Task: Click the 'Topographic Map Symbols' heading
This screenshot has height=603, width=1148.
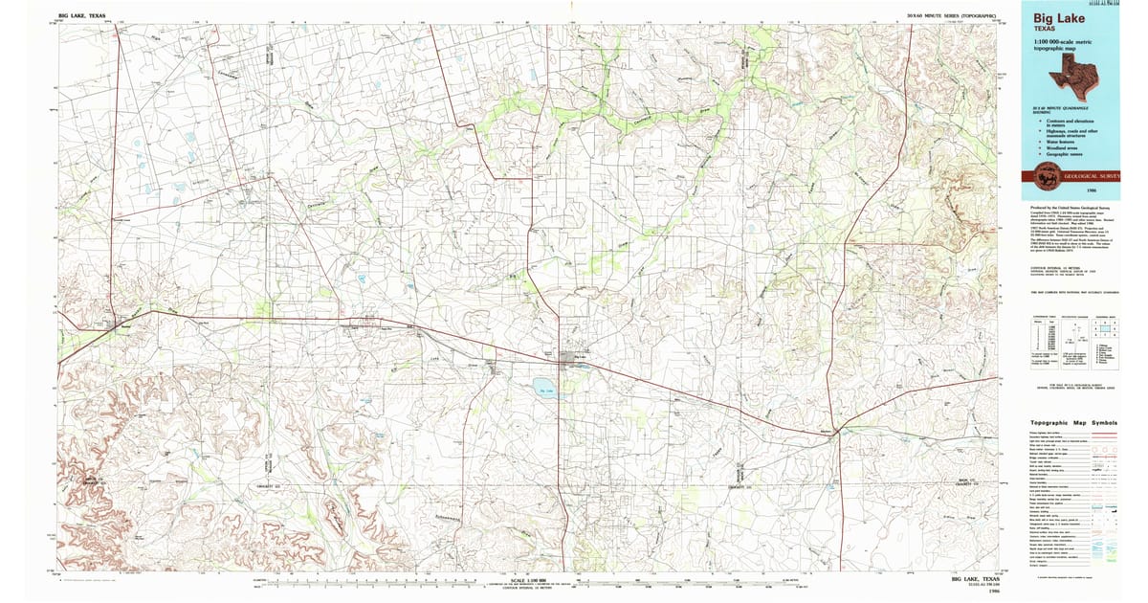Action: click(x=1073, y=423)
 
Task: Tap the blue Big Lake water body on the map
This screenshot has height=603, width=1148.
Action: click(x=544, y=391)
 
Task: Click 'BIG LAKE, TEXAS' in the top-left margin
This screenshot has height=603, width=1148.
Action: click(x=82, y=16)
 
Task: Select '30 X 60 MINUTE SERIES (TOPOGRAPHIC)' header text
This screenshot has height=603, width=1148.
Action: click(x=953, y=16)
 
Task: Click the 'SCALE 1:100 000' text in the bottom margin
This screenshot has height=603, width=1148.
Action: click(x=533, y=579)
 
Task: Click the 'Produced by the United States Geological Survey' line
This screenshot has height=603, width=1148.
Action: click(x=1071, y=207)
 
